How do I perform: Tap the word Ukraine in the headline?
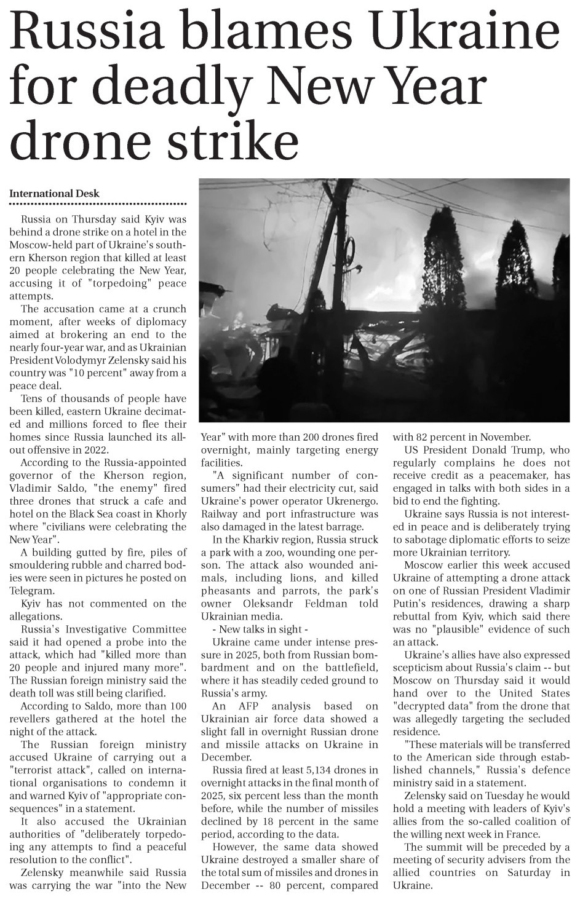469,31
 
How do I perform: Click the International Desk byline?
54,193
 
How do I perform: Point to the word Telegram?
32,590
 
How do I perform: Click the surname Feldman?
333,603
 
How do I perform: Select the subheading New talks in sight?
256,629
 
